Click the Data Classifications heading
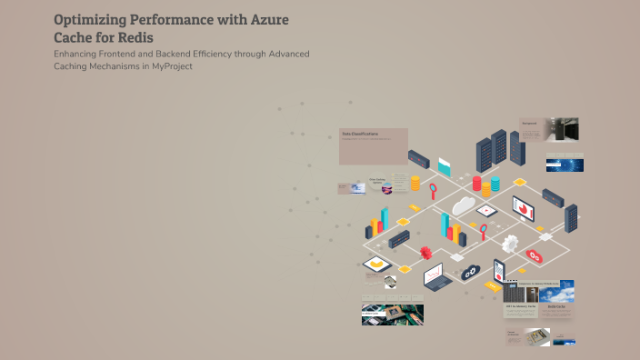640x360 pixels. pos(360,134)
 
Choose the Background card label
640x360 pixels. pos(529,122)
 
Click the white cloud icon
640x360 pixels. pos(465,205)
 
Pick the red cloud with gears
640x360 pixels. pos(535,256)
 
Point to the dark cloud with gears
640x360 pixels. pos(470,272)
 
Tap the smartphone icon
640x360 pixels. pos(498,270)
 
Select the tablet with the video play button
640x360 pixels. pos(488,210)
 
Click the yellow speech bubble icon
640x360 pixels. pos(374,265)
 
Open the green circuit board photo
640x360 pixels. pos(393,314)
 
